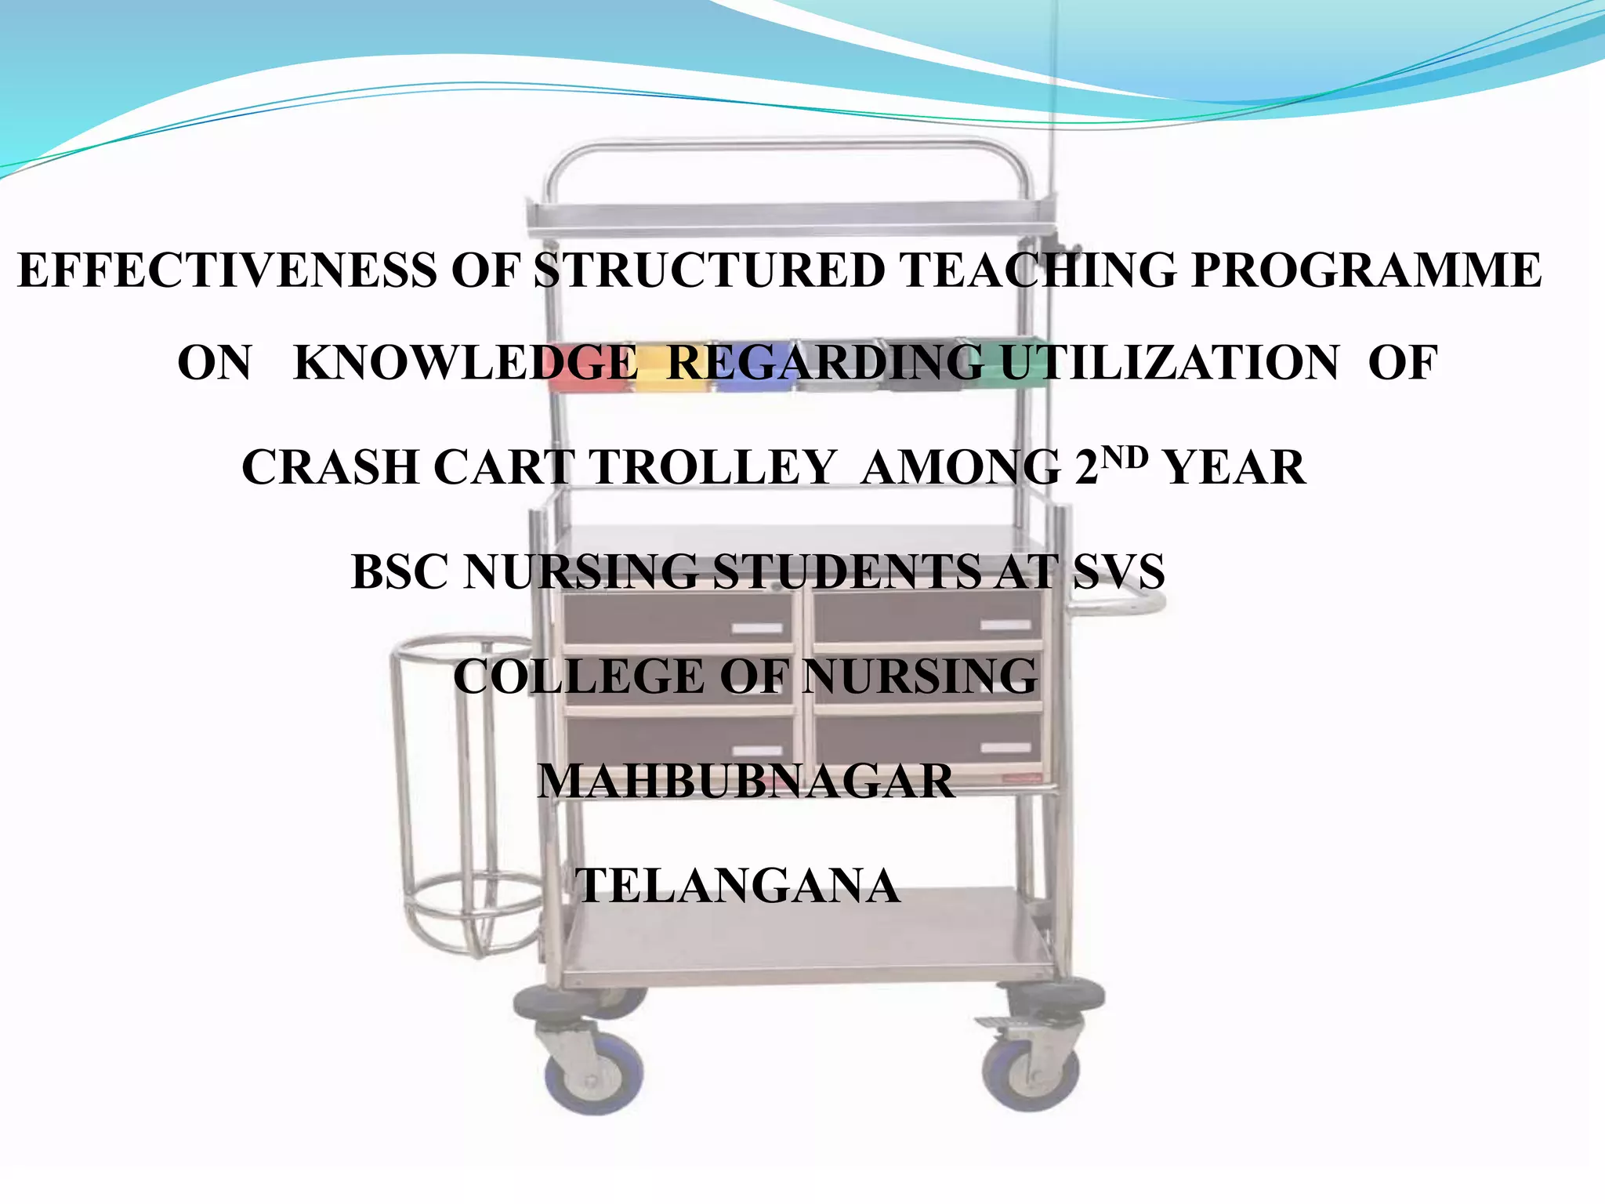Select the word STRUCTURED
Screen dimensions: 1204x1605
pos(709,271)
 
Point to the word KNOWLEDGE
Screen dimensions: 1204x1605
pos(466,364)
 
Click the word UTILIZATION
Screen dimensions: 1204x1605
pos(1170,364)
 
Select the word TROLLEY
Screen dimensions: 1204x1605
pos(712,468)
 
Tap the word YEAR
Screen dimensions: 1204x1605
pos(1235,468)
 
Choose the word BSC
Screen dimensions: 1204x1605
pos(400,572)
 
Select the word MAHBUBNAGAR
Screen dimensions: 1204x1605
pos(745,782)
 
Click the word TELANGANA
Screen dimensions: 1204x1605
pos(737,886)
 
